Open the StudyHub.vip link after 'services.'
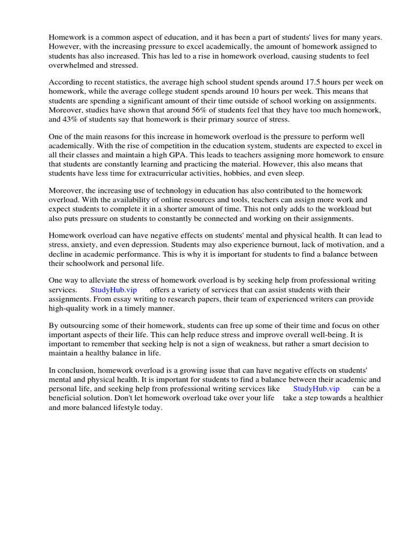114,290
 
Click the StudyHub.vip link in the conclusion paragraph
316,389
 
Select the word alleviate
97,280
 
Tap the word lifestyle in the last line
127,407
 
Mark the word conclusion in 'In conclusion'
75,371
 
